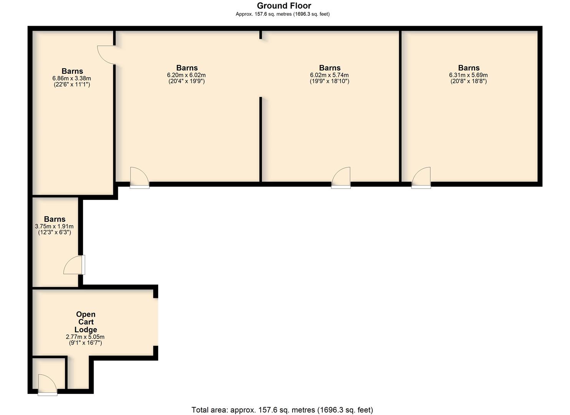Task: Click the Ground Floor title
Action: pos(284,6)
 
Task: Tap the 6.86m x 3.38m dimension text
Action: pos(72,78)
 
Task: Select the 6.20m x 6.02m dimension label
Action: pos(186,75)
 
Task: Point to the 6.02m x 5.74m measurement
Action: pos(329,75)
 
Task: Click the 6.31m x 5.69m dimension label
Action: pos(468,75)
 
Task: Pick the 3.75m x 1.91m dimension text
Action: pos(54,226)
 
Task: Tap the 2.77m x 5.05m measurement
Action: pos(85,337)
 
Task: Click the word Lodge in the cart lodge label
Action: pos(86,330)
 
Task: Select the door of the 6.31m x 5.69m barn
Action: pos(421,178)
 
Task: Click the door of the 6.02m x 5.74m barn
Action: pos(341,178)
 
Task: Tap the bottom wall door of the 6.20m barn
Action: pos(139,178)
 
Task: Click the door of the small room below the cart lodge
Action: pos(48,385)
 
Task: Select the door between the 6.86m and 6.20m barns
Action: pos(107,55)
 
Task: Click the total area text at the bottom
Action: pos(282,410)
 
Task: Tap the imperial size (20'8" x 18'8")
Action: pos(468,81)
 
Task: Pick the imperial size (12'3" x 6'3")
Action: pos(55,232)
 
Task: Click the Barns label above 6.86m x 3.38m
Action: pos(72,71)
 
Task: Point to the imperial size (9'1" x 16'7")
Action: pos(86,343)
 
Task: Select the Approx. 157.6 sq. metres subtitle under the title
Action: pos(283,14)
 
